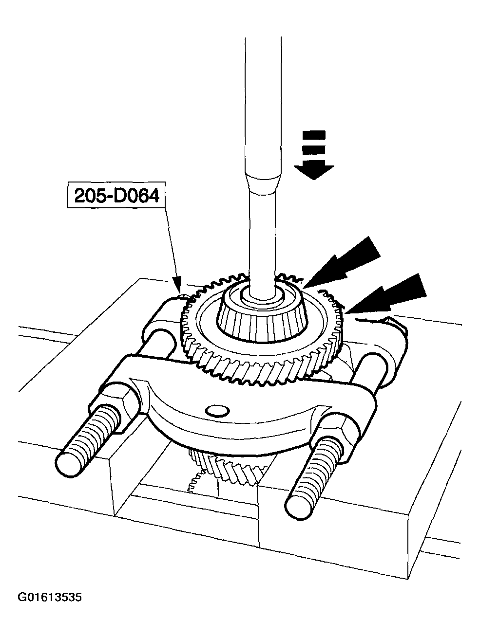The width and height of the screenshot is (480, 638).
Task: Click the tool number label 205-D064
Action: (117, 196)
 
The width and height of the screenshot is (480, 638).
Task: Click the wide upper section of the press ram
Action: (264, 105)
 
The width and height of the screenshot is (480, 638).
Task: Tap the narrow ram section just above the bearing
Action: (262, 244)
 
